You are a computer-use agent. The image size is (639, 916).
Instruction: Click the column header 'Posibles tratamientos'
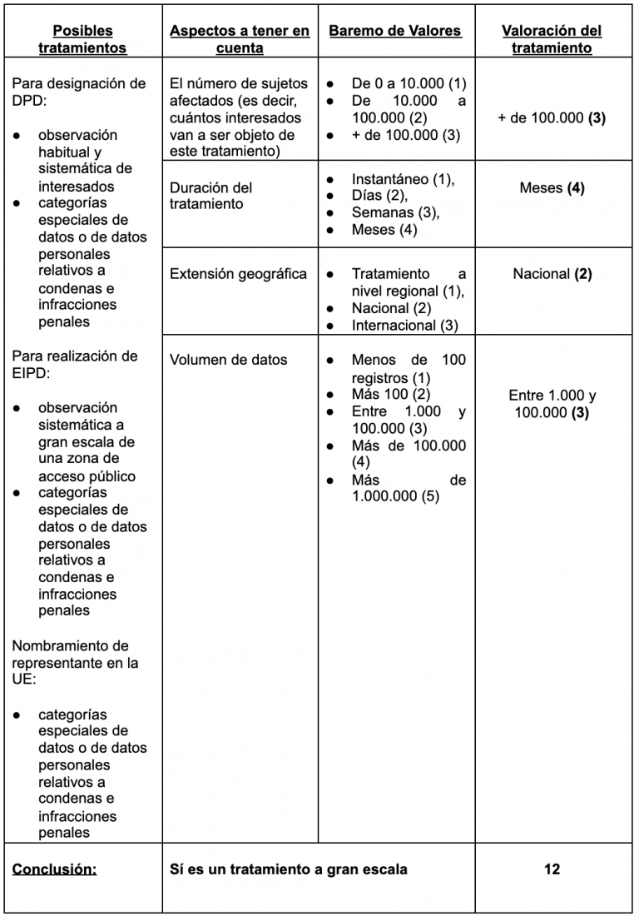click(x=82, y=39)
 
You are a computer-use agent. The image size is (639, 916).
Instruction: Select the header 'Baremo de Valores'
click(x=395, y=31)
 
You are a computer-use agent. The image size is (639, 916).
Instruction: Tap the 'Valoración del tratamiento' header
click(x=552, y=39)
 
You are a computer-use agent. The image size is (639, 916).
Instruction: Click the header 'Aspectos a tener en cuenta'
click(x=240, y=39)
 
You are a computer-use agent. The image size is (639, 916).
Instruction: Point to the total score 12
click(x=552, y=869)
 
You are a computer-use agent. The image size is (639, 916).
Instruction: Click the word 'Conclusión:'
click(x=54, y=869)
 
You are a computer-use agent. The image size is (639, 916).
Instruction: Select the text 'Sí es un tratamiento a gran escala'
click(x=289, y=869)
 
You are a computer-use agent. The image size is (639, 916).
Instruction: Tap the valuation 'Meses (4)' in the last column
click(x=552, y=188)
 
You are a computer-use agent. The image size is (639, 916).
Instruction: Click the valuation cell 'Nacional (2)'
click(x=552, y=274)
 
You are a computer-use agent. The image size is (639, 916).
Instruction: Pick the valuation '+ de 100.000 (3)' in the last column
click(x=552, y=118)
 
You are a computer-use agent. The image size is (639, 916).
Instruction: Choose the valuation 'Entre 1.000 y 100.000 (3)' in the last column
click(x=552, y=404)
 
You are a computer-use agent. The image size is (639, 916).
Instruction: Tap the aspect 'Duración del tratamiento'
click(x=211, y=196)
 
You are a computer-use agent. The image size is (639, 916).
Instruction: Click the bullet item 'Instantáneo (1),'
click(x=403, y=179)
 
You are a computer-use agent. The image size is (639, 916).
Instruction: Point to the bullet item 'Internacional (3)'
click(x=404, y=326)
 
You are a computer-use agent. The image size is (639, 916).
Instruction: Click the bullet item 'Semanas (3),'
click(x=395, y=213)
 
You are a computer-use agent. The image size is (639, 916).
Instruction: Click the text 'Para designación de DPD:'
click(x=79, y=92)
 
